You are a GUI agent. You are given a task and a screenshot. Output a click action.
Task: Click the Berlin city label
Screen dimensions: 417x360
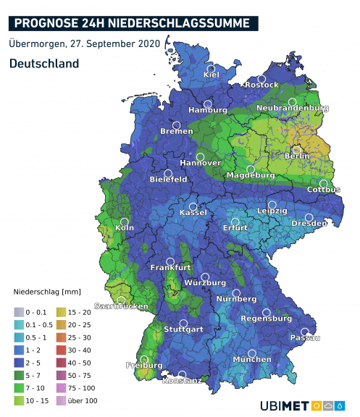click(297, 156)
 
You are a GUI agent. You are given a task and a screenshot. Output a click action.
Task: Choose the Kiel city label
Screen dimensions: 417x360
click(212, 75)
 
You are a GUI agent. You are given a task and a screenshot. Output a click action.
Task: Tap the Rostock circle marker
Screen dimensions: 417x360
click(261, 78)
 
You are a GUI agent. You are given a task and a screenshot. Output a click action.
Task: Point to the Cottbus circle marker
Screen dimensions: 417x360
click(324, 183)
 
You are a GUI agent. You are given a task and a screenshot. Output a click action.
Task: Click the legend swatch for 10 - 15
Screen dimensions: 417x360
click(18, 400)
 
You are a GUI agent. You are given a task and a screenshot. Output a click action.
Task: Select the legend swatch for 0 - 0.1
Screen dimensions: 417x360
click(18, 311)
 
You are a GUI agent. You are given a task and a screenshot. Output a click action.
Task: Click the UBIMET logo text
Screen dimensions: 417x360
click(285, 404)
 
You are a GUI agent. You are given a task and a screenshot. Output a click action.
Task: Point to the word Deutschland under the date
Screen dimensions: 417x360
click(44, 64)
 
